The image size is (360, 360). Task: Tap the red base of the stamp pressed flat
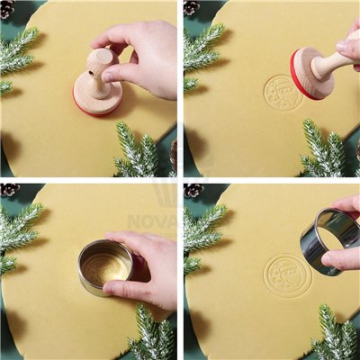96,106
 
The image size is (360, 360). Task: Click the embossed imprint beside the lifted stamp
282,93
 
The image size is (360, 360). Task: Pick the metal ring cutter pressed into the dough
105,266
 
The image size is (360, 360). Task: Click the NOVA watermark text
151,220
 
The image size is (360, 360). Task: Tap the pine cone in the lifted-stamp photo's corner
192,8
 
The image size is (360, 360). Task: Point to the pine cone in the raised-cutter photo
193,190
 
